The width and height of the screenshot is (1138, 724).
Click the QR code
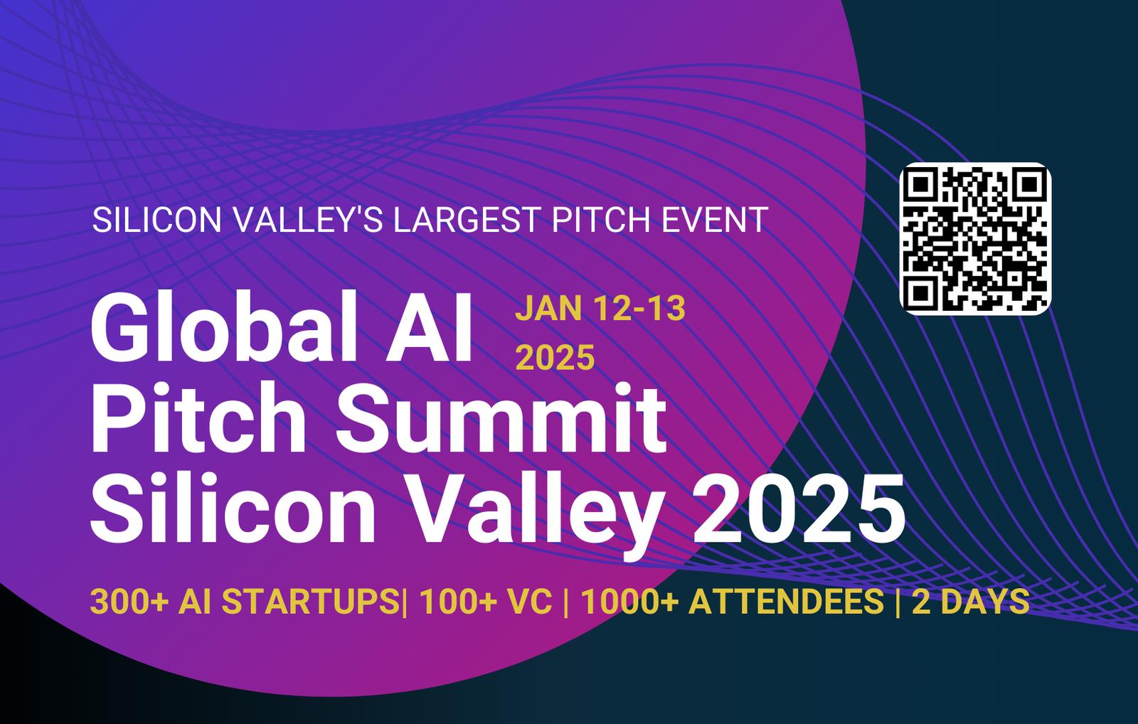[975, 239]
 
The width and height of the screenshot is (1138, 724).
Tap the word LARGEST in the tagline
[466, 220]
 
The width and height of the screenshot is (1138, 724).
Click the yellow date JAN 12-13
[600, 309]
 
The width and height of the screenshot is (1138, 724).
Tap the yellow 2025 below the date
[555, 357]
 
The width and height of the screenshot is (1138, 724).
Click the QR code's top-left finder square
[921, 184]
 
